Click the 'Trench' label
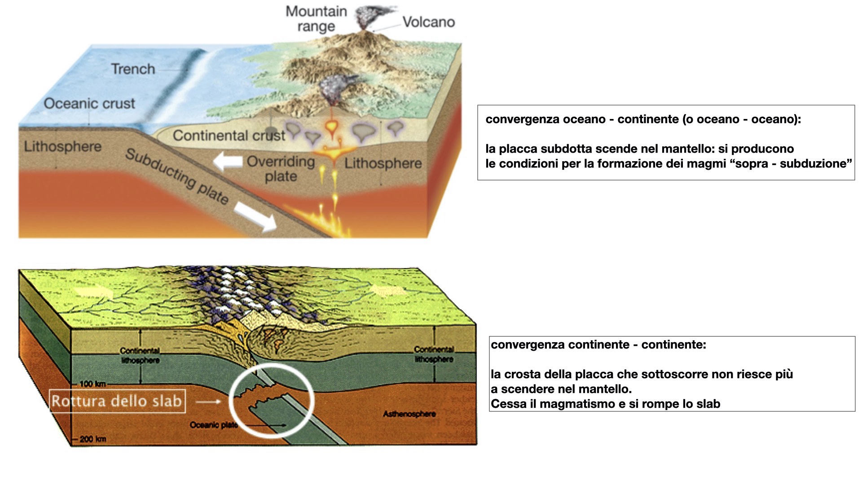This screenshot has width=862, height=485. [x=133, y=69]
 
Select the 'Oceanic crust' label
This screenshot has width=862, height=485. [x=89, y=103]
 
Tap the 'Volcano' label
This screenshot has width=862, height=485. [x=428, y=22]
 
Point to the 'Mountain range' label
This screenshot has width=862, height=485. [x=317, y=18]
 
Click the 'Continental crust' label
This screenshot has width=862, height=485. [x=229, y=135]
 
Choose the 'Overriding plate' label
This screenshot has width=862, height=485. [x=281, y=168]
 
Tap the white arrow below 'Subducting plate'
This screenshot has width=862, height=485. [x=255, y=216]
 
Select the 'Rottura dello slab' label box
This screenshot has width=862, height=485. [x=117, y=401]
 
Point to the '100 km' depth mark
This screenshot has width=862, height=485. [x=92, y=384]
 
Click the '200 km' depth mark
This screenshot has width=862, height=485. [x=93, y=439]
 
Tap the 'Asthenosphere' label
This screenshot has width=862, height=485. [x=409, y=414]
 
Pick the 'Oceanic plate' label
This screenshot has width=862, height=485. [x=213, y=425]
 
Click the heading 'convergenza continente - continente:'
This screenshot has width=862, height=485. [x=598, y=344]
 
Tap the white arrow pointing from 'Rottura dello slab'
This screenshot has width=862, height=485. [x=208, y=401]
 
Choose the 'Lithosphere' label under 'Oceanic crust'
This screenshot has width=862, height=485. [x=62, y=146]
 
